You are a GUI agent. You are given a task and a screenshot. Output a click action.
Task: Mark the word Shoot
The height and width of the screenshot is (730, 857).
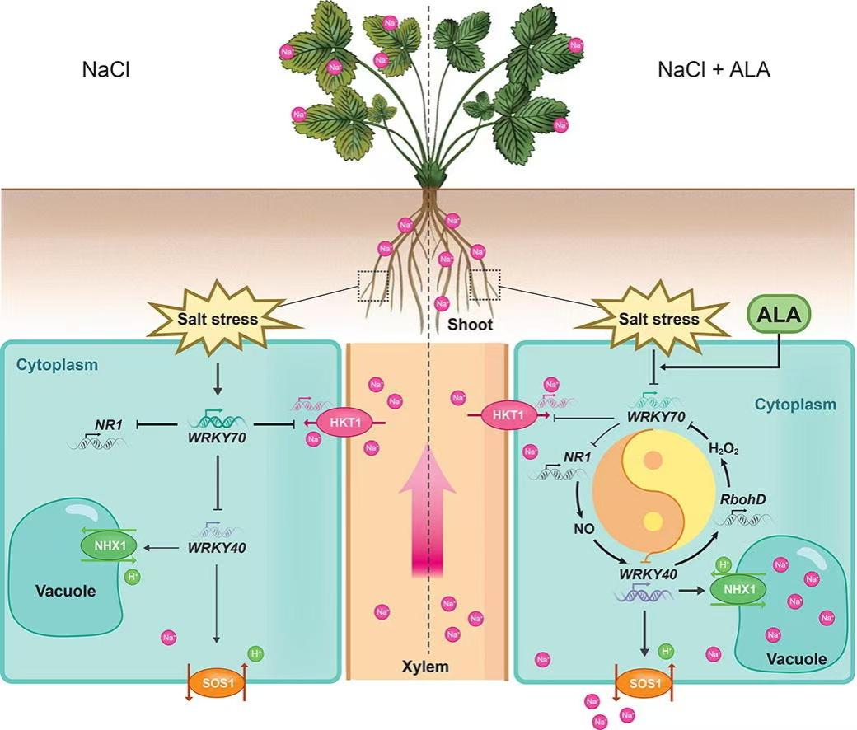click(470, 325)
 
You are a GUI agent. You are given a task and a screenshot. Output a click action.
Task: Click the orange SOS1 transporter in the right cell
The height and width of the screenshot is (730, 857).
click(640, 685)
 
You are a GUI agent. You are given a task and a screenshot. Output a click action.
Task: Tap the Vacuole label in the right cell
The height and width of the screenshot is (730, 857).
click(797, 658)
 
